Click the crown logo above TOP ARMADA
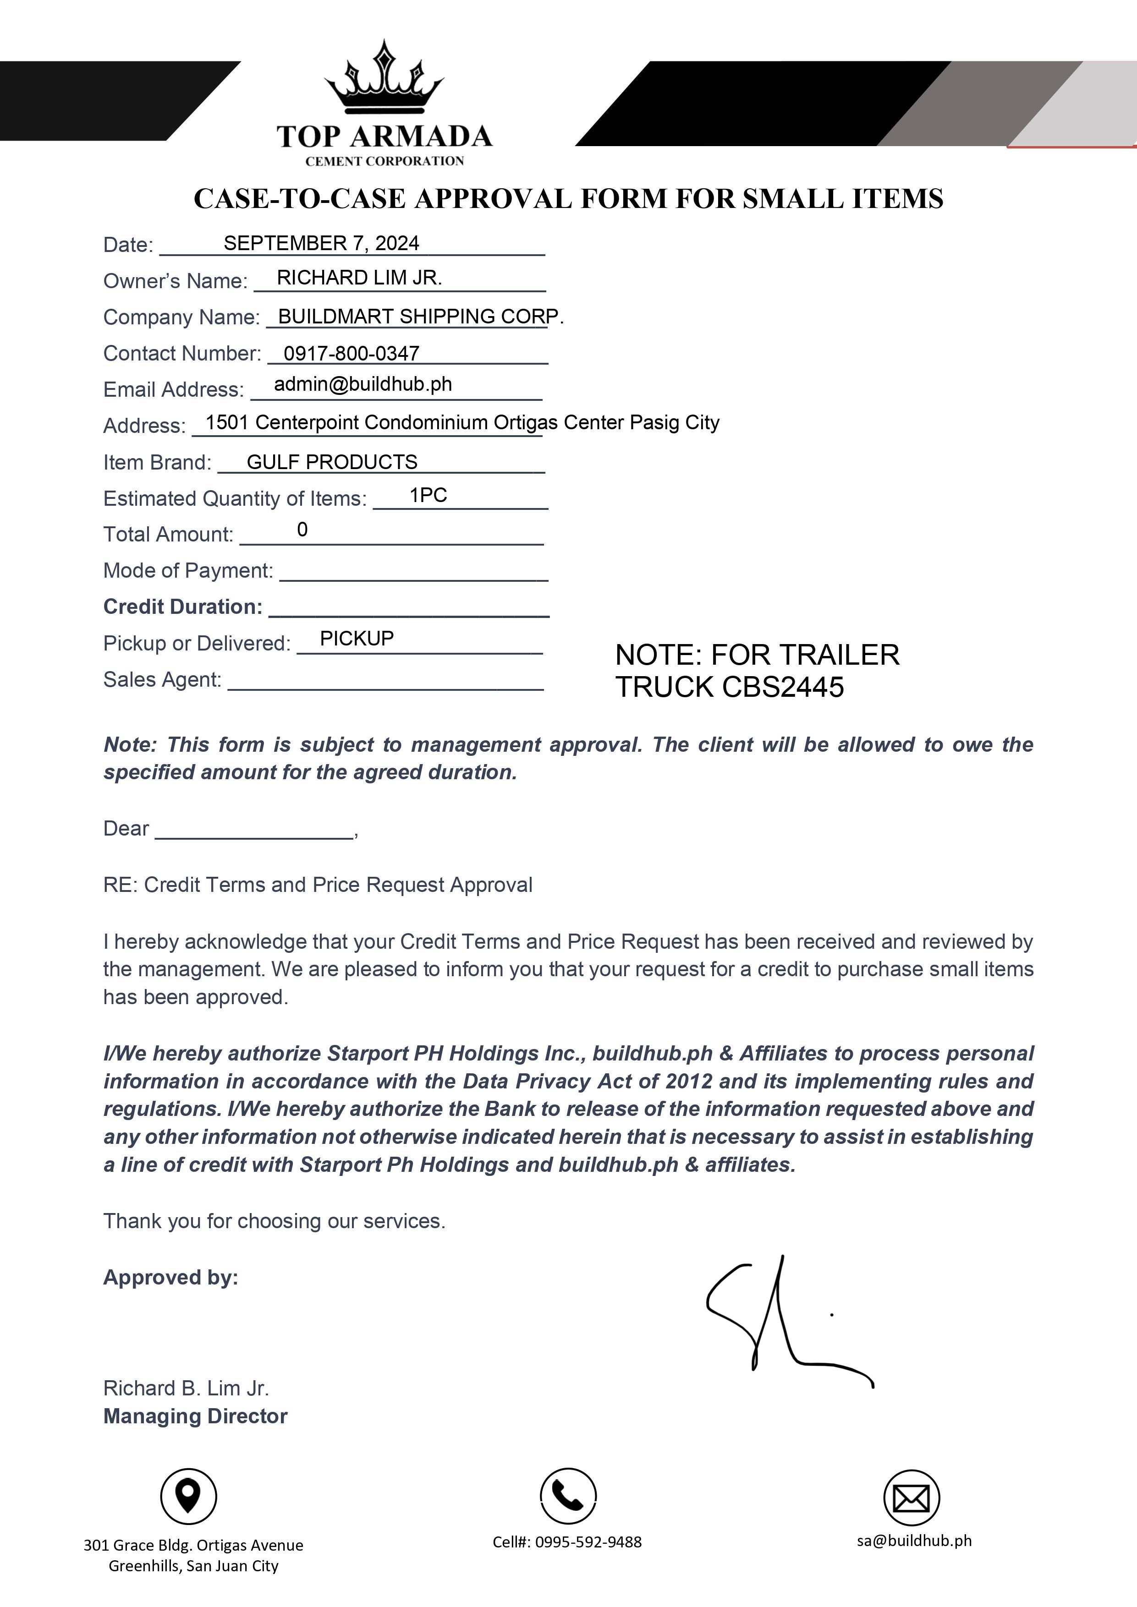[x=384, y=78]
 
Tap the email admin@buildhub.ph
[x=363, y=384]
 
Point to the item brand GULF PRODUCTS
[x=332, y=462]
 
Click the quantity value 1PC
[x=428, y=496]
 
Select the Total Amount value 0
[x=302, y=530]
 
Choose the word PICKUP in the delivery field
[x=357, y=638]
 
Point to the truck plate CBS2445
[x=783, y=687]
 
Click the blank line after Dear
[x=253, y=831]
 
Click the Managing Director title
[x=195, y=1416]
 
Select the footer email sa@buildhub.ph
[x=914, y=1541]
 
